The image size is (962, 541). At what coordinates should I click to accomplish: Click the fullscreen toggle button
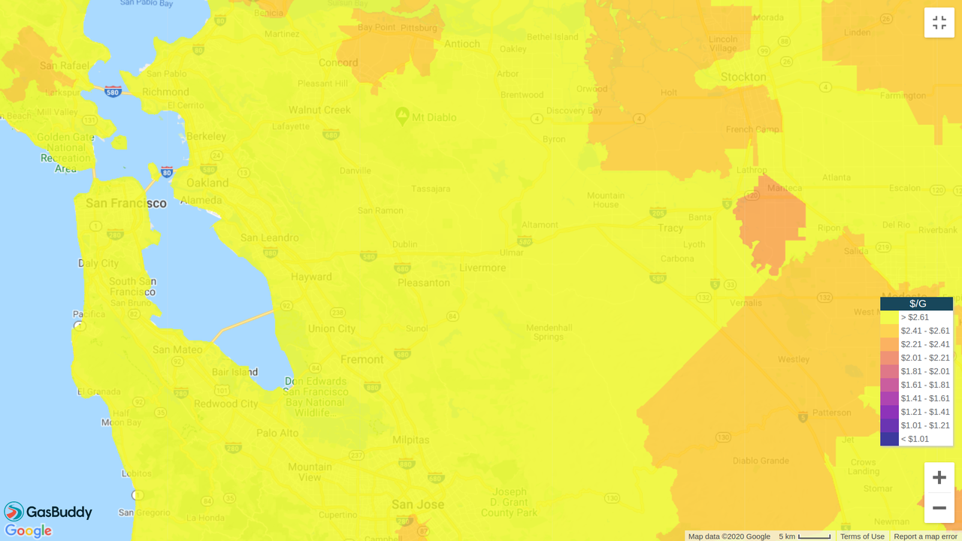pos(939,23)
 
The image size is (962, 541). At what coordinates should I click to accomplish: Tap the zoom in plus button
pos(939,478)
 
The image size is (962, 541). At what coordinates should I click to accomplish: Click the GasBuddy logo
pos(48,512)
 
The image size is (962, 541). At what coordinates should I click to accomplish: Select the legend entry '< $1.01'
pos(915,439)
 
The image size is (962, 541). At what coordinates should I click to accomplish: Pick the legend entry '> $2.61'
pos(915,317)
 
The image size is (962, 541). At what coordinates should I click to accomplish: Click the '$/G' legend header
pos(917,304)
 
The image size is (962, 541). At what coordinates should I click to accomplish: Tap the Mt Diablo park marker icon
pos(402,116)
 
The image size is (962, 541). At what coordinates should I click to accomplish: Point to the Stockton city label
pos(743,77)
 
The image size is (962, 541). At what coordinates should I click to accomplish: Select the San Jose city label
pos(418,504)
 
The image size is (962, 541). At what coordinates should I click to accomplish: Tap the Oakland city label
pos(207,183)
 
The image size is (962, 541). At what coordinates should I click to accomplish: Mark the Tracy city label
pos(670,228)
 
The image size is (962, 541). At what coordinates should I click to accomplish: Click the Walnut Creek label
pos(319,110)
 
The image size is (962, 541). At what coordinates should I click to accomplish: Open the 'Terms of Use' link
pos(862,536)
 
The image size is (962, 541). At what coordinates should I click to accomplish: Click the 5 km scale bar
pos(805,536)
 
